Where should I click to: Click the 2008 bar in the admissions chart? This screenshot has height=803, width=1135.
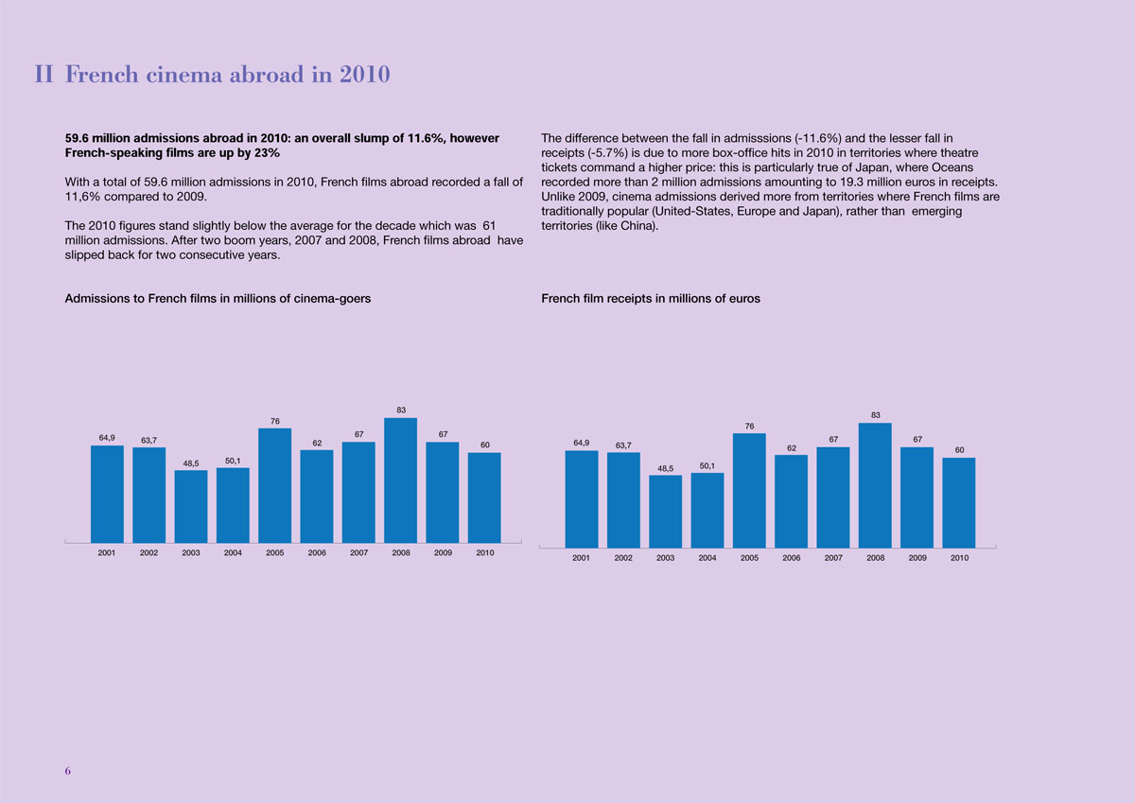(401, 479)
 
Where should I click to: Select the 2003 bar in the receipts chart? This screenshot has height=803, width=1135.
(665, 511)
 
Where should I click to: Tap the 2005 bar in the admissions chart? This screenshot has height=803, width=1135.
(275, 484)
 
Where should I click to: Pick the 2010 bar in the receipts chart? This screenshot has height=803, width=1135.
(959, 502)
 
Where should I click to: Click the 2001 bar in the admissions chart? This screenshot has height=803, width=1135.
(107, 493)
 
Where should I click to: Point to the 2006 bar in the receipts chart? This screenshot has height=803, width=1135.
(791, 500)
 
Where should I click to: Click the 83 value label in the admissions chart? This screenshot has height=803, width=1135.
(401, 410)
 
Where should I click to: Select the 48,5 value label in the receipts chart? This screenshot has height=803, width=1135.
(665, 468)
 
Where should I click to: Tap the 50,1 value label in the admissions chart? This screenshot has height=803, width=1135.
(233, 461)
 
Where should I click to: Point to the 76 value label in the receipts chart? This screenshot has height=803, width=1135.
(749, 427)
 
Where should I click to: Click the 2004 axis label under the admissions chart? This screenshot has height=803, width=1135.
(233, 553)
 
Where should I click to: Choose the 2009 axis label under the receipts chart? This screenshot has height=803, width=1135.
(917, 558)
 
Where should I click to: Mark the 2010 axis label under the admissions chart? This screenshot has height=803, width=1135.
(485, 553)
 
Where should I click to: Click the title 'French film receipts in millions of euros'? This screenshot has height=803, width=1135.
(650, 299)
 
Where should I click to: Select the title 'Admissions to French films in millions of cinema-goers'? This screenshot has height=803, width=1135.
(217, 299)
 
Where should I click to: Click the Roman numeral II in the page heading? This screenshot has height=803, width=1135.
(44, 75)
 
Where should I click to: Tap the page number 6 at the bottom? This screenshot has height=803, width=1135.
(67, 771)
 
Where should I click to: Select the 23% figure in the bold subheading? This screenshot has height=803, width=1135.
(267, 153)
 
